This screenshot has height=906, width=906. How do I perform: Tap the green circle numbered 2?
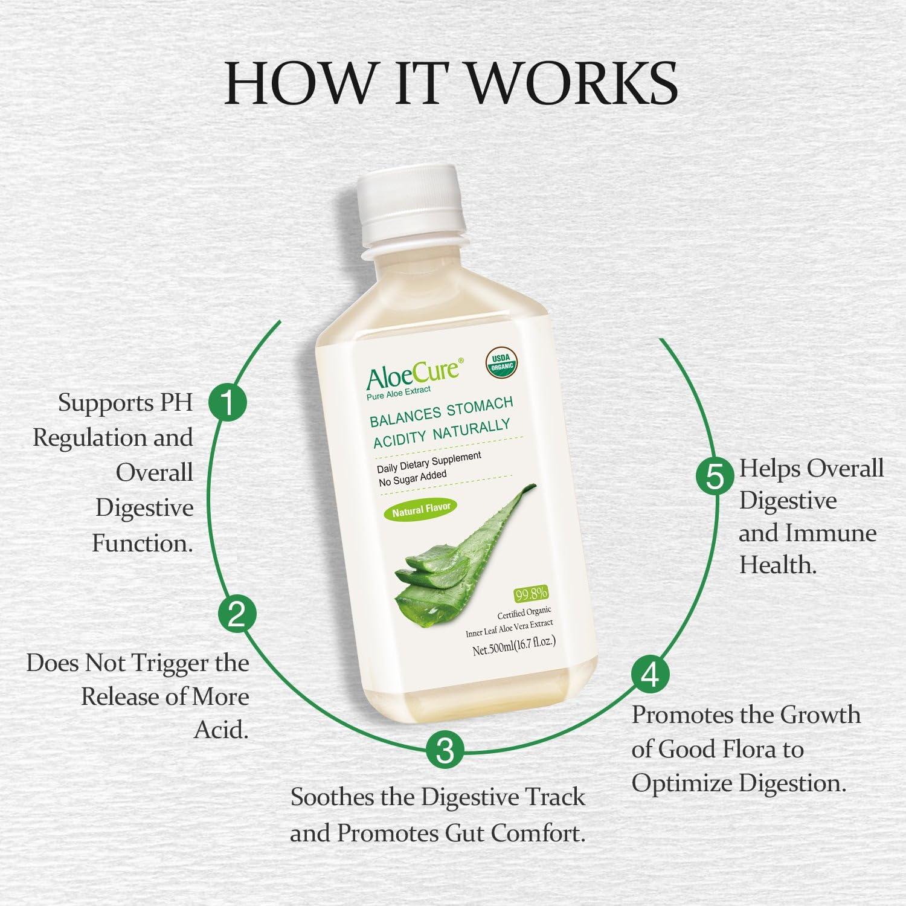[x=237, y=614]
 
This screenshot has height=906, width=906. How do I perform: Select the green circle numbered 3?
[x=445, y=750]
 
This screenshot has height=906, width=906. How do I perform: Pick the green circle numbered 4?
[x=650, y=675]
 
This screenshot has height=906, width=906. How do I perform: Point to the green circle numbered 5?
[x=715, y=477]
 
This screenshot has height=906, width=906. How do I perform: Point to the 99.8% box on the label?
[x=530, y=594]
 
